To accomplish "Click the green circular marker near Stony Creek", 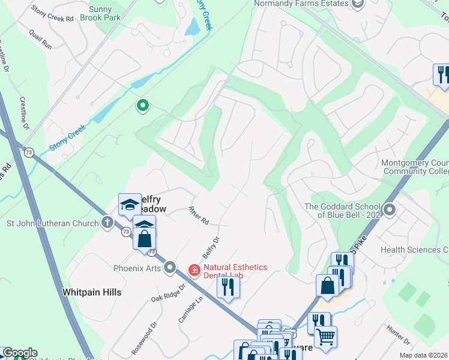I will [x=142, y=106].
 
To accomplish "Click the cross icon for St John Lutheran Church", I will [x=107, y=223].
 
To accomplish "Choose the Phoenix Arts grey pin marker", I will [x=170, y=268].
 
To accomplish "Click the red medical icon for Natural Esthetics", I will [x=194, y=271].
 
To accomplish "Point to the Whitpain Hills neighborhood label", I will [x=92, y=292].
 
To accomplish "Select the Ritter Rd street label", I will [x=198, y=216].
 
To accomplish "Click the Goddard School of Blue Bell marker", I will [x=390, y=210].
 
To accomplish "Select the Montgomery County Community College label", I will [x=415, y=167].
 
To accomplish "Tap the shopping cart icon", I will [x=325, y=337].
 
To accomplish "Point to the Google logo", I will [x=20, y=353].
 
